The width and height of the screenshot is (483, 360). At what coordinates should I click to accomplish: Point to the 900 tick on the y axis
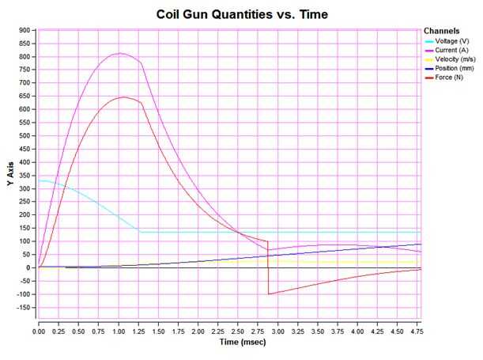pyautogui.click(x=25, y=30)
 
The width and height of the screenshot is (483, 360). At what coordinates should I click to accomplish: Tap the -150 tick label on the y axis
pyautogui.click(x=23, y=307)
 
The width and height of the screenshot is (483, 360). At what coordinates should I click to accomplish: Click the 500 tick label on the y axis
pyautogui.click(x=25, y=136)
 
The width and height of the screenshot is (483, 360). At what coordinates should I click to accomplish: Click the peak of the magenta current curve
pyautogui.click(x=119, y=54)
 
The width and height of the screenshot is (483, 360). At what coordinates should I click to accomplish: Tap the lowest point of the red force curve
pyautogui.click(x=269, y=294)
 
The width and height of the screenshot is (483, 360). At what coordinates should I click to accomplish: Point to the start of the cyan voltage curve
pyautogui.click(x=40, y=180)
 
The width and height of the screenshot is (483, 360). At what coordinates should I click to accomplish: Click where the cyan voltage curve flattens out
pyautogui.click(x=141, y=232)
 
